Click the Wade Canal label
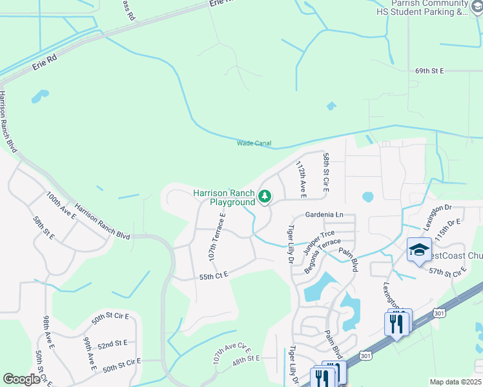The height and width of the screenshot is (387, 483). pos(254,143)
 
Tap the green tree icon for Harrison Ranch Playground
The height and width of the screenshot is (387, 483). pos(264,196)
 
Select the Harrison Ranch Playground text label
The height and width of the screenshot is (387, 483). pos(224,197)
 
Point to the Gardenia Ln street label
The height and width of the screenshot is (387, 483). pos(324,214)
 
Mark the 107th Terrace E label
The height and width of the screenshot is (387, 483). pos(216,236)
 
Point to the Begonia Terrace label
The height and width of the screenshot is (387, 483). pos(322,255)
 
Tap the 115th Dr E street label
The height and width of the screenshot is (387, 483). pos(447,230)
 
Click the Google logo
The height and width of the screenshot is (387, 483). pos(21,379)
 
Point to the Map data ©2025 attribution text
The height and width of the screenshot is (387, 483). pos(455,382)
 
